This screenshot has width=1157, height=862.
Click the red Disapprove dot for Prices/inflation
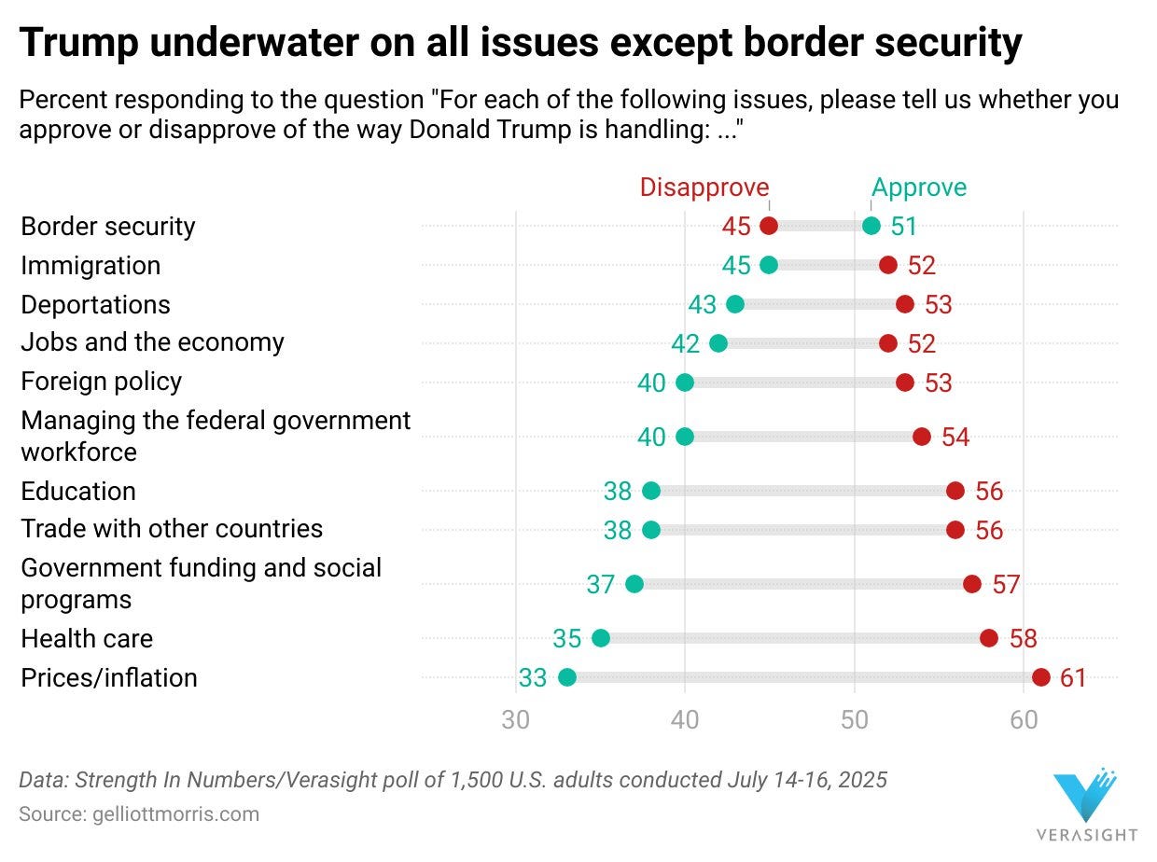1041,677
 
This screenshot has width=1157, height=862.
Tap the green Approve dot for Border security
871,226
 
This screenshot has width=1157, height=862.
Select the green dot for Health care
601,638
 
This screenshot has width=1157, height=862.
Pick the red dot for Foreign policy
905,382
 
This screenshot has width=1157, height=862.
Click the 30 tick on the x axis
515,720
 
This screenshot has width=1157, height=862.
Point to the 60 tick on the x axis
1024,720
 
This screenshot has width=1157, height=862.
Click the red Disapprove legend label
704,188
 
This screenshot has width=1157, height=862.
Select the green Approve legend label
919,188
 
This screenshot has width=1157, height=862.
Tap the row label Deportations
95,305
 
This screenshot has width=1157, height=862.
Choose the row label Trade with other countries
172,529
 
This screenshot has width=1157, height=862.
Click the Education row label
78,492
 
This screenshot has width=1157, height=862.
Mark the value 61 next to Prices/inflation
1074,677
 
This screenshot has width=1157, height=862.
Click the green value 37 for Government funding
601,584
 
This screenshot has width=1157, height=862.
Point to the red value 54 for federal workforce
955,437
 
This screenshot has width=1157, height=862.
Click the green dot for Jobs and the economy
718,343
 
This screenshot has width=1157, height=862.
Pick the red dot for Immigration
888,265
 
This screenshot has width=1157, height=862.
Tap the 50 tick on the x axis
855,720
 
